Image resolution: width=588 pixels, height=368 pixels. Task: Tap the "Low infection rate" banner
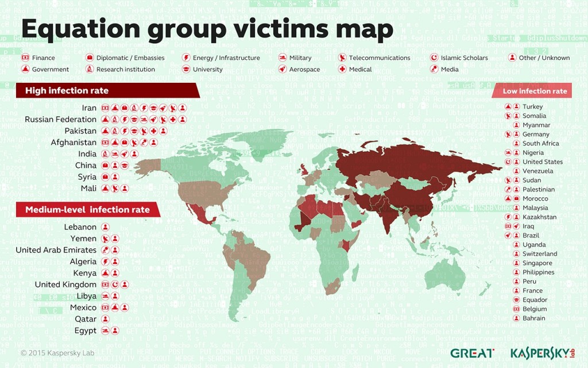(x=535, y=91)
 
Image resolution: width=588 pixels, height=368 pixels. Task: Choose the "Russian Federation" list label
(x=60, y=120)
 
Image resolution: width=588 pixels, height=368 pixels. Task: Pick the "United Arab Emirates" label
(x=56, y=250)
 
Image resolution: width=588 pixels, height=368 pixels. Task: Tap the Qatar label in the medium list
(x=86, y=319)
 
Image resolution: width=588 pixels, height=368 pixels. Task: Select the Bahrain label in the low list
(x=533, y=318)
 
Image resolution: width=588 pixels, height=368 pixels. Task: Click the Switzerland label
(x=539, y=254)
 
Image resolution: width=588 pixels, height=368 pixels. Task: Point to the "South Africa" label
(x=540, y=143)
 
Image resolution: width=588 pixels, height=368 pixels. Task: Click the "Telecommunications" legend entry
(x=380, y=57)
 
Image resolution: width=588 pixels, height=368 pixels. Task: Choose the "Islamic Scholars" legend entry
(x=464, y=57)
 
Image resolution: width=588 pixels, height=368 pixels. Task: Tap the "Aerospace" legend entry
(x=305, y=70)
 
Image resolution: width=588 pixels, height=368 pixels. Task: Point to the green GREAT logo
(x=471, y=353)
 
